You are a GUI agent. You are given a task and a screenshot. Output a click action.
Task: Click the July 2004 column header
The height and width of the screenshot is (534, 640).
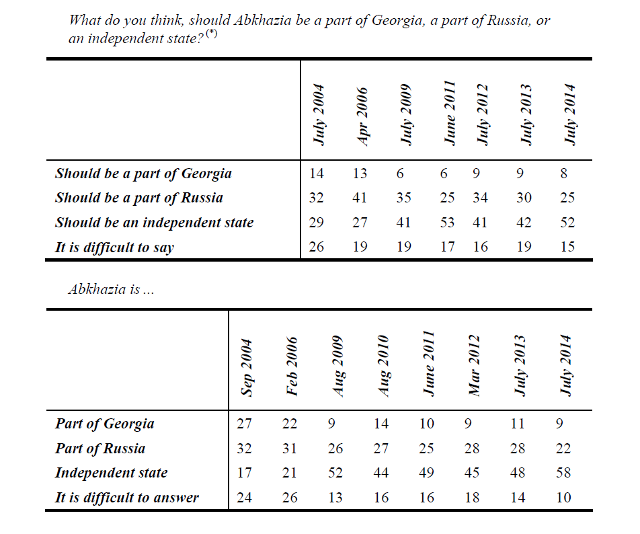click(x=319, y=114)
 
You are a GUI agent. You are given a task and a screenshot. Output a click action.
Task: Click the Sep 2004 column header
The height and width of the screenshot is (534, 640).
click(x=246, y=367)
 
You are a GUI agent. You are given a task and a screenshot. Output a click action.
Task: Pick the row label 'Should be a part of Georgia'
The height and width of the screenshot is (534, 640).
click(x=143, y=174)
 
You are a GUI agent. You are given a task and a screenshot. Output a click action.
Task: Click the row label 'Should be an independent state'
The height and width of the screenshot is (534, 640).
click(x=155, y=223)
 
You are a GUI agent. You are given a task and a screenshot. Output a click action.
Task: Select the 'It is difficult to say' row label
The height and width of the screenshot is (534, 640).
click(x=114, y=247)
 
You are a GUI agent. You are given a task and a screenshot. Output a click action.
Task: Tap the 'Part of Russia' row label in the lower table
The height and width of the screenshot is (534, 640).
click(x=100, y=449)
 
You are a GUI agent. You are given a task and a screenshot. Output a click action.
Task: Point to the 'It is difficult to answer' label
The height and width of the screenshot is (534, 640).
click(x=127, y=498)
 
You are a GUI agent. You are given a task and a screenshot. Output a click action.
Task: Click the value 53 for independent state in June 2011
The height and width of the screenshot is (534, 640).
click(x=447, y=223)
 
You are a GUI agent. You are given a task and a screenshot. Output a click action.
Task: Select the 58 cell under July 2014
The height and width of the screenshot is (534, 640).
click(x=563, y=473)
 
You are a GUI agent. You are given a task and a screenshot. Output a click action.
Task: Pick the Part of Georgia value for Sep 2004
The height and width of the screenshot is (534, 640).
click(x=245, y=424)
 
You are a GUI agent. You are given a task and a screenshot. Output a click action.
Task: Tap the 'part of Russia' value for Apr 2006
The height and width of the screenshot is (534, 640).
click(x=360, y=198)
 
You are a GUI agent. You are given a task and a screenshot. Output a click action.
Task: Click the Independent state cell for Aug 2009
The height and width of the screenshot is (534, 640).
click(x=335, y=473)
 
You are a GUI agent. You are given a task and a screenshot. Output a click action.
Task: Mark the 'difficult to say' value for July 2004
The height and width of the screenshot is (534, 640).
click(x=316, y=247)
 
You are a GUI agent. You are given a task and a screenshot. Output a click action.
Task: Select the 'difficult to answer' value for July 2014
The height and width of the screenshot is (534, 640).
click(x=563, y=498)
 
